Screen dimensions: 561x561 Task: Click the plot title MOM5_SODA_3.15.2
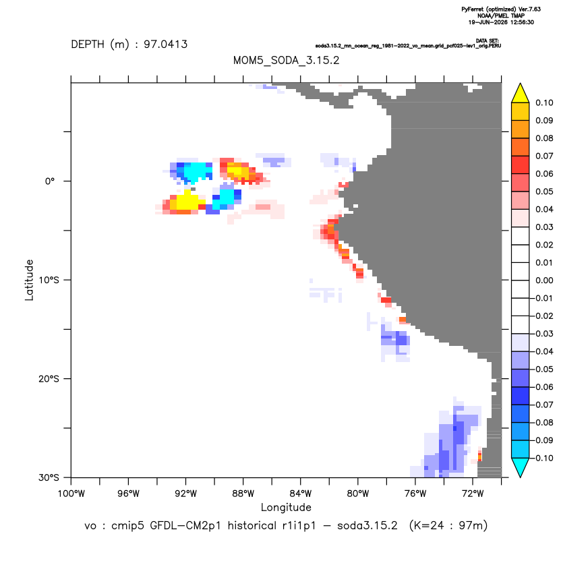tap(286, 61)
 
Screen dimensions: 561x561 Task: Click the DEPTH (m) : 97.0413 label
tap(129, 45)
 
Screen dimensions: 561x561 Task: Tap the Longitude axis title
tap(286, 507)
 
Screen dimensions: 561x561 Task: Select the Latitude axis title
tap(29, 280)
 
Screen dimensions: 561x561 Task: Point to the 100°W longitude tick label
tap(71, 494)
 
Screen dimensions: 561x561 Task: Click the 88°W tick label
tap(243, 494)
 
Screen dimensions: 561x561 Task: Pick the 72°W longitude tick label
tap(473, 494)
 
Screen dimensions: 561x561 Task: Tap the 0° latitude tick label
tap(50, 181)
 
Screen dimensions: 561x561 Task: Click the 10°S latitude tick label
tap(49, 280)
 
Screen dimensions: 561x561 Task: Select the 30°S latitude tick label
tap(49, 477)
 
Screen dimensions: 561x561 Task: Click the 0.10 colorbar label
tap(544, 103)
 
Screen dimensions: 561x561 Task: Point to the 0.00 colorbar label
tap(544, 280)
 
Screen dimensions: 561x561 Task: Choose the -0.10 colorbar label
tap(542, 458)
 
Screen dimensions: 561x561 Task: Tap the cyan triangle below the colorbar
tap(521, 465)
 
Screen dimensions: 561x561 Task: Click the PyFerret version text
tap(501, 9)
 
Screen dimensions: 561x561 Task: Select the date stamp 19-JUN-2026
tap(488, 22)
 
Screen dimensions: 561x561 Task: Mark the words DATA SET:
tap(488, 40)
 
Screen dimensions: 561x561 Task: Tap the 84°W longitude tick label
tap(301, 494)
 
